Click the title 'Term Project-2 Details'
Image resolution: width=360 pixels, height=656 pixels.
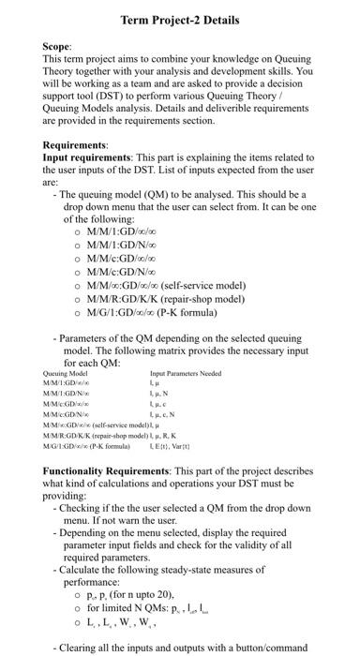tap(179, 20)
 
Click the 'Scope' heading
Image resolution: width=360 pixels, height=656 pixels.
tap(59, 45)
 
